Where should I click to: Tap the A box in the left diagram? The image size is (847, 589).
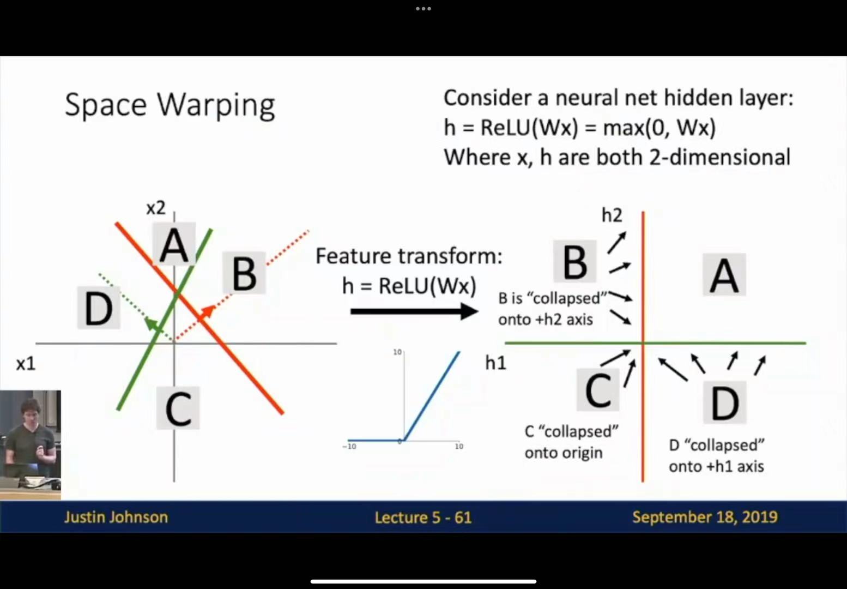[174, 244]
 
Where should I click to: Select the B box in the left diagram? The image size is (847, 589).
[244, 273]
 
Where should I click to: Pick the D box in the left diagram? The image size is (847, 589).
[99, 308]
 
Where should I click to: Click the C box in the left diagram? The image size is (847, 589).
[178, 408]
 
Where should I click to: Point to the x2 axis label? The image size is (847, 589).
[156, 208]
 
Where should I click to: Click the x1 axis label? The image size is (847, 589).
[26, 364]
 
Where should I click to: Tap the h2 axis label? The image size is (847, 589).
[612, 215]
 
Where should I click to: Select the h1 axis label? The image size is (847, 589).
[495, 363]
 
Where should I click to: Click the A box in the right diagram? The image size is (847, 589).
[724, 274]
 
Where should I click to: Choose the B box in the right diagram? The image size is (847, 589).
[574, 261]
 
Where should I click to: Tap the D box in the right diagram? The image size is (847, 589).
[724, 402]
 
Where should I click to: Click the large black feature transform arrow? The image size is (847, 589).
[414, 311]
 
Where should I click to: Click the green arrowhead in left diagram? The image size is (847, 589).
[152, 324]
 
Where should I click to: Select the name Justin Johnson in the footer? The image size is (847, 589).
[116, 517]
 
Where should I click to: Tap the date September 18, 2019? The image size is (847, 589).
[705, 517]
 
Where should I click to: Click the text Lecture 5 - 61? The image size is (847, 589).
[423, 518]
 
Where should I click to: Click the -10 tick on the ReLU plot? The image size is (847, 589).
[349, 446]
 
